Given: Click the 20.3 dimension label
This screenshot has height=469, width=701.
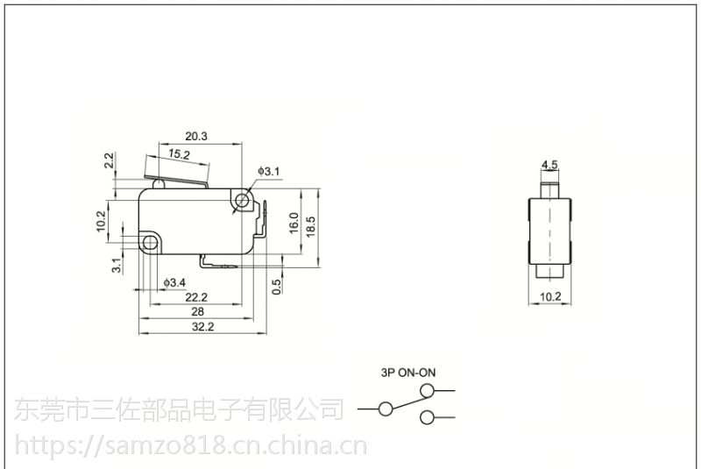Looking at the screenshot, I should click(x=195, y=136).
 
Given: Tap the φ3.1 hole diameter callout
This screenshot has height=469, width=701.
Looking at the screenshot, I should click(x=268, y=171).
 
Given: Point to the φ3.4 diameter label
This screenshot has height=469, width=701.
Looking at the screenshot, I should click(x=174, y=282).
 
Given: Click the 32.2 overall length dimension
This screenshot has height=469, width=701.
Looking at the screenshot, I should click(x=202, y=326).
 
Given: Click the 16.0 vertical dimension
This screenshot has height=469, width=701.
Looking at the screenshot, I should click(x=294, y=223).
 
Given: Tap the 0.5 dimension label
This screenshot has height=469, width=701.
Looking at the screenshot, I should click(x=276, y=286).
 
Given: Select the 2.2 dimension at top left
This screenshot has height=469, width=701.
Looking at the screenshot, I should click(x=110, y=161).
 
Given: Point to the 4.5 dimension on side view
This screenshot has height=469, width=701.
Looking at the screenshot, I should click(x=549, y=164).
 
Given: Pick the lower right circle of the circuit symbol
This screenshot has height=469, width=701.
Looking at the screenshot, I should click(x=427, y=417).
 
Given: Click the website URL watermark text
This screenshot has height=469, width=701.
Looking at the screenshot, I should click(x=183, y=448).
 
